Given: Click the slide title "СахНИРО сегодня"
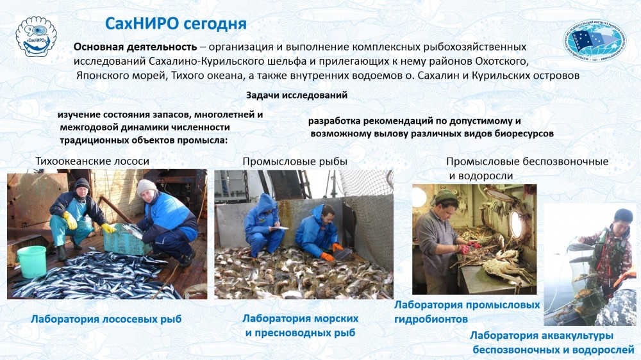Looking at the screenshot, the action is pos(176,24).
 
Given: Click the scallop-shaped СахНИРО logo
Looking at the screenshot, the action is pos(36,37).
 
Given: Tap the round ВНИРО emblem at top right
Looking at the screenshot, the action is pos(595,40).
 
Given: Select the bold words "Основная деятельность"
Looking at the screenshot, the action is pos(135,47).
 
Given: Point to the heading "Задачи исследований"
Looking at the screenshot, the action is pos(297,95).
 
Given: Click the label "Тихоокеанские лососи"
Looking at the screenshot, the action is pos(92,161).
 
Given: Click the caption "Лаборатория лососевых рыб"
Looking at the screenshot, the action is pos(106,319).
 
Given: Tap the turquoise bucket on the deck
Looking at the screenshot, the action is pos(32,262).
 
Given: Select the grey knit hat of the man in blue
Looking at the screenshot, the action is pos(146,187).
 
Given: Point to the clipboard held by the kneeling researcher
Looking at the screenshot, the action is pos(279,227).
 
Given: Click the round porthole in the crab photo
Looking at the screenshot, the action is pos(517,224).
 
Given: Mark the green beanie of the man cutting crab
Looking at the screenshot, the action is pos(445,196).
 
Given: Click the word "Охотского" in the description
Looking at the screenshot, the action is pos(502,61).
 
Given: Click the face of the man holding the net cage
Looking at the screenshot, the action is pos(622,221).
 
